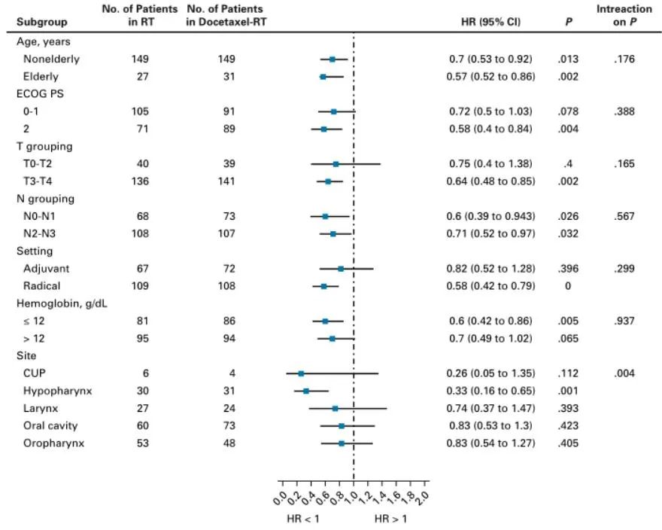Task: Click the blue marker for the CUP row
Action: pyautogui.click(x=301, y=373)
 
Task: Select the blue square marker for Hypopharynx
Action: pyautogui.click(x=306, y=391)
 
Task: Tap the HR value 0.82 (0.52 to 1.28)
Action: pyautogui.click(x=490, y=269)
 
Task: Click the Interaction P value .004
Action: pyautogui.click(x=624, y=373)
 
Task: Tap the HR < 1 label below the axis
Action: pyautogui.click(x=303, y=519)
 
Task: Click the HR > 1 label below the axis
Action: pyautogui.click(x=390, y=519)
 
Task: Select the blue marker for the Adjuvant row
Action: pyautogui.click(x=341, y=269)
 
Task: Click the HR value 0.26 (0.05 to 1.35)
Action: pyautogui.click(x=490, y=373)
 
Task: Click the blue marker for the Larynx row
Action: pyautogui.click(x=336, y=409)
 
